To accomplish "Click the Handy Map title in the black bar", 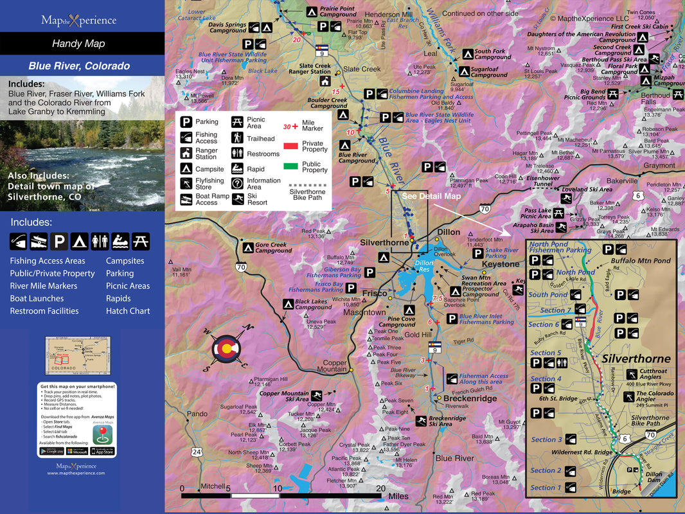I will (x=78, y=44).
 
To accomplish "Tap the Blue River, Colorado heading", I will (x=79, y=66).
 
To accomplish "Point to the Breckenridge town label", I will (x=470, y=398).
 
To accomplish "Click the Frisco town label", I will (x=375, y=293).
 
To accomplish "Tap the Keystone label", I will (x=501, y=264).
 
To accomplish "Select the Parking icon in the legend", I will (x=186, y=121).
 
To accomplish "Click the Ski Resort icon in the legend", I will (x=238, y=199).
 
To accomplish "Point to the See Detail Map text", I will (x=431, y=196).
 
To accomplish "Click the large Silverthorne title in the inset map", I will (x=635, y=359).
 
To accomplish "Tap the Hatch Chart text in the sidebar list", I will (x=128, y=311).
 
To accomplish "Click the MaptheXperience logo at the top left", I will (x=78, y=21).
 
